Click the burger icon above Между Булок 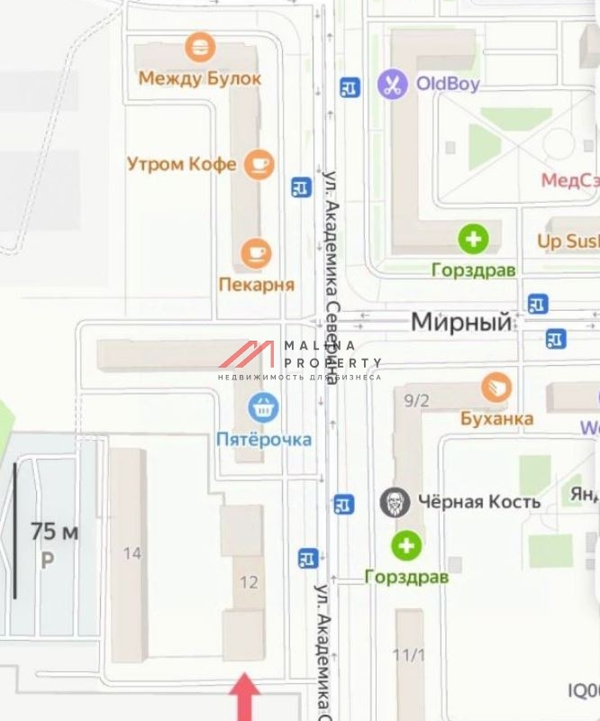(199, 47)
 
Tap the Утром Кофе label (182, 164)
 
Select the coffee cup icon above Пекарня (257, 253)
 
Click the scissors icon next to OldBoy (392, 85)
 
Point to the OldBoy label (448, 85)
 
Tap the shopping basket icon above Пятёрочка (263, 408)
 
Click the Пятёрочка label (264, 440)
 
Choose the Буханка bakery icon (496, 388)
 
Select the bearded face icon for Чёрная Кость (395, 502)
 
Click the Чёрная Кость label (479, 502)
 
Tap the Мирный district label (461, 322)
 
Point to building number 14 (132, 553)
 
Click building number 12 (249, 582)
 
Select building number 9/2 (416, 401)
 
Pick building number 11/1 (410, 655)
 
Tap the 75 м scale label (54, 532)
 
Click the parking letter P (47, 561)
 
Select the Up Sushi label (568, 242)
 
